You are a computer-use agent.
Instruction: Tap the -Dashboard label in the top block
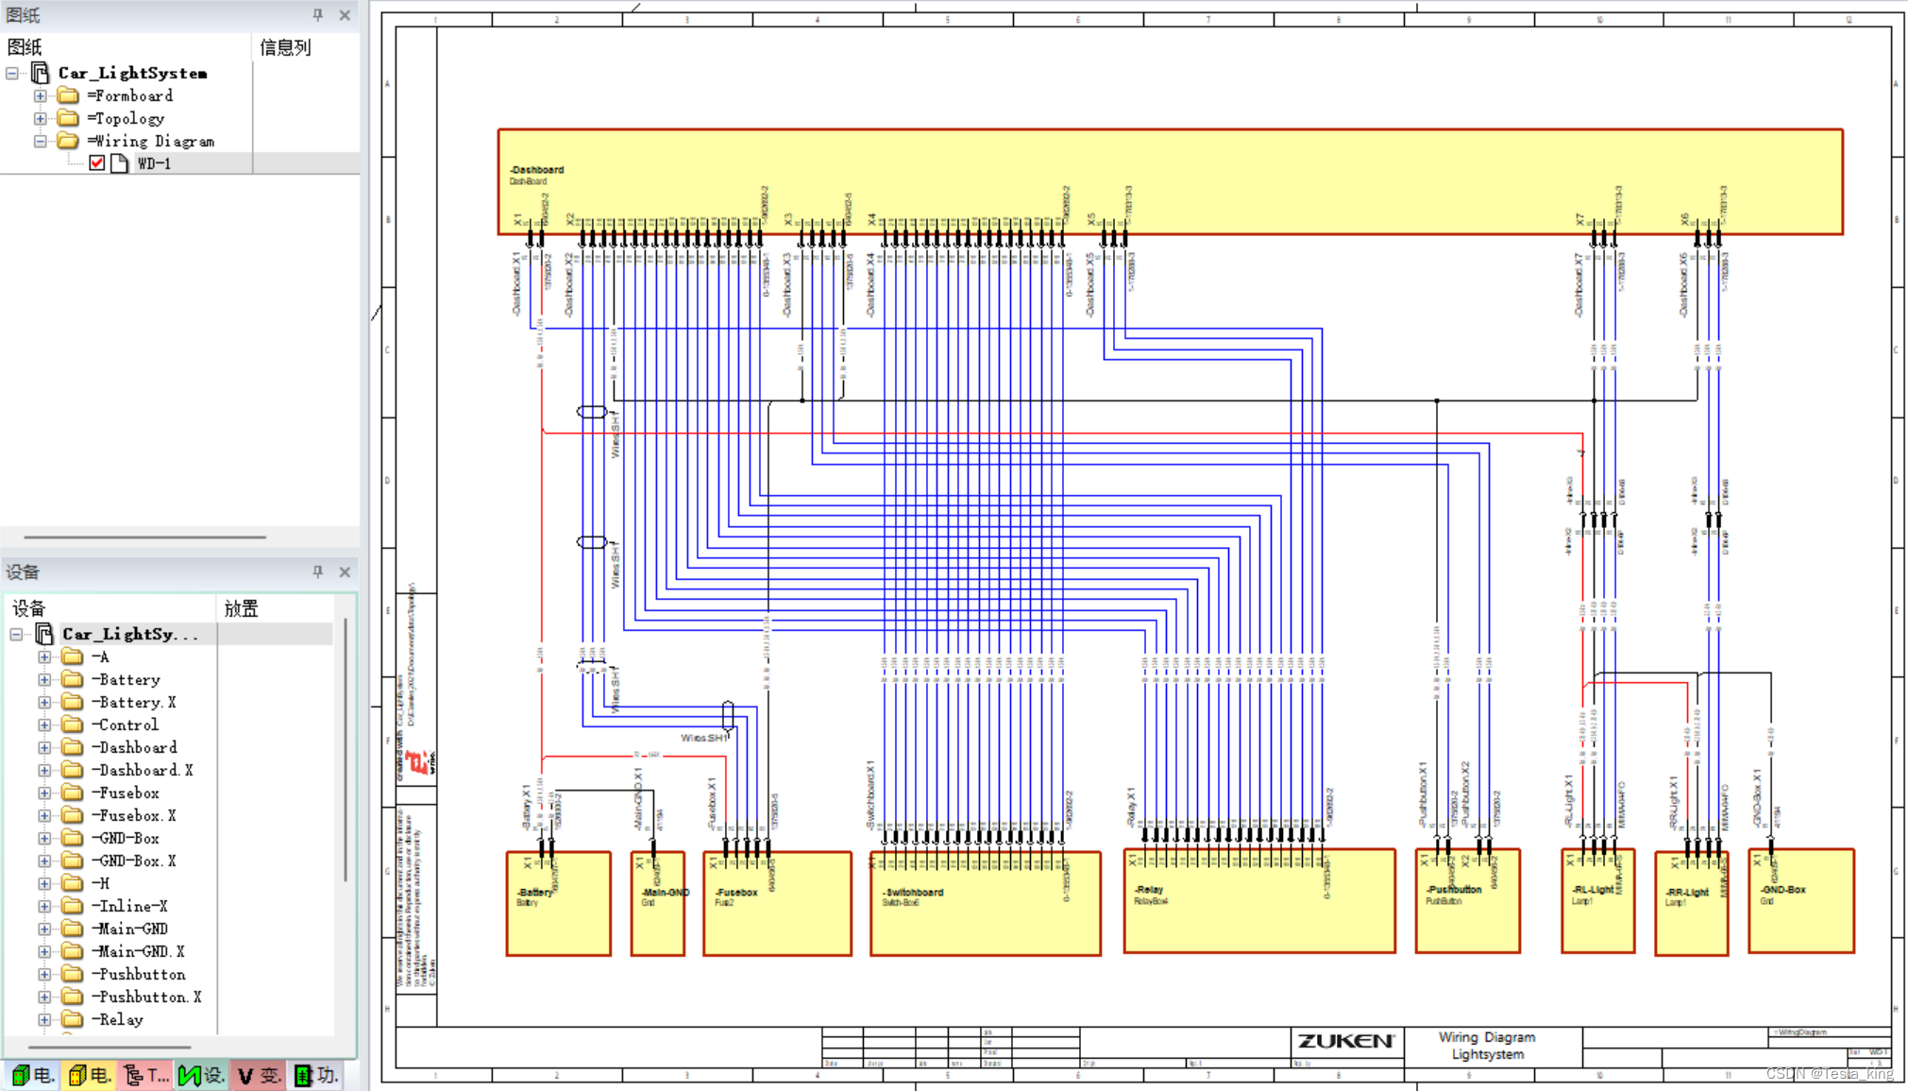pyautogui.click(x=537, y=170)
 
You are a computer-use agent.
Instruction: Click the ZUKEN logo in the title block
pyautogui.click(x=1344, y=1041)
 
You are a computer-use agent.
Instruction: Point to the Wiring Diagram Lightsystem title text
pyautogui.click(x=1487, y=1046)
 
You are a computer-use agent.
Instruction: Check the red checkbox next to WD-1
pyautogui.click(x=97, y=163)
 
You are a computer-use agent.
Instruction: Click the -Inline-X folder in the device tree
pyautogui.click(x=129, y=907)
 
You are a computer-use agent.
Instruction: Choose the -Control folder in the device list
pyautogui.click(x=125, y=725)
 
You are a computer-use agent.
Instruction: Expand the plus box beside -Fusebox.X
pyautogui.click(x=44, y=816)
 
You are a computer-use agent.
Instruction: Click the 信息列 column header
pyautogui.click(x=285, y=47)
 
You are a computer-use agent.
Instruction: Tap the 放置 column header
pyautogui.click(x=241, y=609)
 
